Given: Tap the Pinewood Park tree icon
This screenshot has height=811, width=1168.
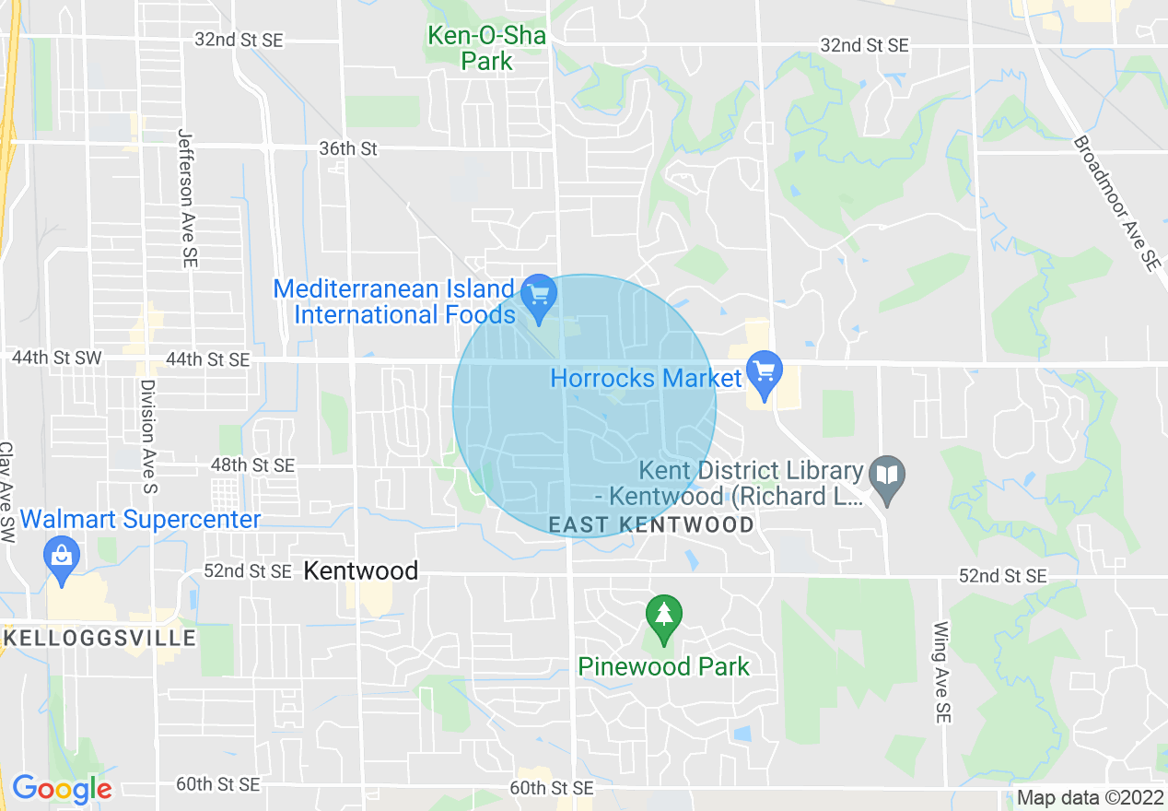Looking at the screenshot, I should tap(663, 617).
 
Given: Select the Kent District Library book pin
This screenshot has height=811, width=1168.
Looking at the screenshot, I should tap(887, 477).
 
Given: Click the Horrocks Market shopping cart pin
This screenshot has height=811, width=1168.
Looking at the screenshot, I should tap(764, 373).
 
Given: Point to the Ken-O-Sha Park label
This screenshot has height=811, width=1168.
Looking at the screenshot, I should tap(486, 49).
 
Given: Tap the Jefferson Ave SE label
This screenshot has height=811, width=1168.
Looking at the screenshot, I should tap(187, 198).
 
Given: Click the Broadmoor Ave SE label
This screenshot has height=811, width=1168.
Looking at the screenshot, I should tap(1115, 204).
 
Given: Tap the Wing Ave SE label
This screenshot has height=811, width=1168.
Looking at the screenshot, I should tap(941, 672).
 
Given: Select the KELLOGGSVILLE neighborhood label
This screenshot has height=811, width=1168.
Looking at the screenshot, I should tap(99, 638).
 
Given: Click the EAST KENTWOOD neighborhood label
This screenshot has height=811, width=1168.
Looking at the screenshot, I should tap(651, 524).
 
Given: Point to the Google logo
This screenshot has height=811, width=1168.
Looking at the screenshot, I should tap(62, 789).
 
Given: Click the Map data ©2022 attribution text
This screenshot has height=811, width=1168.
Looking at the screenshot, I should tap(1089, 798).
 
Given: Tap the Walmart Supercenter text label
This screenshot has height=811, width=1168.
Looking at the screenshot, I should tap(140, 520).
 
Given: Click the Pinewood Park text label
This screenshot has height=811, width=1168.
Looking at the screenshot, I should tap(663, 666).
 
